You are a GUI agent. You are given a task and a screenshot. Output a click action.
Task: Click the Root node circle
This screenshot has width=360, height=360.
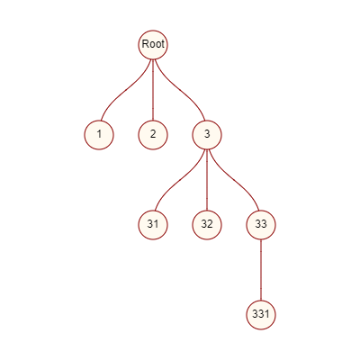click(x=153, y=45)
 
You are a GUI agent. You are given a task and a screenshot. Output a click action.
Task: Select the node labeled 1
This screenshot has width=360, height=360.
click(x=99, y=135)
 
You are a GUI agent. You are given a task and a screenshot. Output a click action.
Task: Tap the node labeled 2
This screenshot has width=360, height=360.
click(x=153, y=135)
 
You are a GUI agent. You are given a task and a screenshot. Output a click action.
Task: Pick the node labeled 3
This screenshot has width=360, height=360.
click(x=207, y=135)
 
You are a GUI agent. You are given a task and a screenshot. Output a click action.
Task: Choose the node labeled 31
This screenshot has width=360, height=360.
click(x=153, y=225)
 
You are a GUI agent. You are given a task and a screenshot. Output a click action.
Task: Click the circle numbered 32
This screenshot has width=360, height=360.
click(x=207, y=225)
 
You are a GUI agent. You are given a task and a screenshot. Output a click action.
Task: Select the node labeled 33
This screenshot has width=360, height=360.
click(x=261, y=225)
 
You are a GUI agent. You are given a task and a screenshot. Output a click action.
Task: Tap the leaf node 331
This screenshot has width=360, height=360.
click(x=261, y=315)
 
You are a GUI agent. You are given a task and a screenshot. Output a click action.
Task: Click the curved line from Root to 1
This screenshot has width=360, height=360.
click(x=125, y=90)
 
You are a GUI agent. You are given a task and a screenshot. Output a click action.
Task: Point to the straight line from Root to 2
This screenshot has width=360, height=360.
click(x=153, y=90)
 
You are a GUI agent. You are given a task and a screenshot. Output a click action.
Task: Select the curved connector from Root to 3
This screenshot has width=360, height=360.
click(x=181, y=90)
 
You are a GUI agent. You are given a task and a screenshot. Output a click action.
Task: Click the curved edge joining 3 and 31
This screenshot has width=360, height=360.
click(x=179, y=180)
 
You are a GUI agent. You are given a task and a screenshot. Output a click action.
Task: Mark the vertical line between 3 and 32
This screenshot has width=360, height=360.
click(x=207, y=180)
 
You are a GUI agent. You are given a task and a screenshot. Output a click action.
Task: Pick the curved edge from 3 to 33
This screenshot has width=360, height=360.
click(x=235, y=180)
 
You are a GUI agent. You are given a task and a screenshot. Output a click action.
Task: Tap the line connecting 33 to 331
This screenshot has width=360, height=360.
click(x=261, y=270)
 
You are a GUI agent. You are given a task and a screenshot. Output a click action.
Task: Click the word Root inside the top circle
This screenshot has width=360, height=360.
click(x=153, y=44)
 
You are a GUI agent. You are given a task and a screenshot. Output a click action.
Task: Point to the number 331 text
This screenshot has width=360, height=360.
click(x=261, y=314)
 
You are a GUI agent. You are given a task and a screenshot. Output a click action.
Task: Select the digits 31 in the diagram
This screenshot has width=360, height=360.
click(x=153, y=224)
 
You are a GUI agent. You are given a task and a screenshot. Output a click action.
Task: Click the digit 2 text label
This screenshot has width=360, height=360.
click(x=153, y=134)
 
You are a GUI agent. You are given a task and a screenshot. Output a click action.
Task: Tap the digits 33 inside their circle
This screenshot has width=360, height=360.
click(x=261, y=224)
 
